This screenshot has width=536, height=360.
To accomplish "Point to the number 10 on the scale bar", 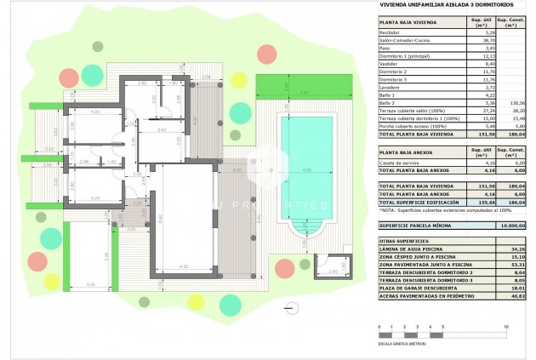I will point(507,327).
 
